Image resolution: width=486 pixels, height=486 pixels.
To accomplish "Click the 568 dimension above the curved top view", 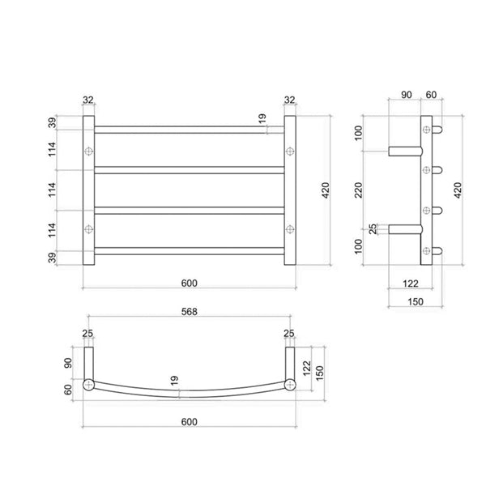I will click(189, 311).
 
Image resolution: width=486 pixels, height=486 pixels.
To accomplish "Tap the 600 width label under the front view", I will click(189, 283).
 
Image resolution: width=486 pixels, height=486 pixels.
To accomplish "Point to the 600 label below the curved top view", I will click(189, 420).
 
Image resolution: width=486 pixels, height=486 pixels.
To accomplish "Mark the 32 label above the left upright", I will click(89, 100).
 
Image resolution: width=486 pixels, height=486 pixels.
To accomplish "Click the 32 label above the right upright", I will click(290, 100).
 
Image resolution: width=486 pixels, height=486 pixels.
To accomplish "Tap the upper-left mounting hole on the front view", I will click(89, 151).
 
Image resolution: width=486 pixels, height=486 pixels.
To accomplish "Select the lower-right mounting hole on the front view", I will click(289, 228).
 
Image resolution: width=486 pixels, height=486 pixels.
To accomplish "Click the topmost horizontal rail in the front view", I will click(190, 128).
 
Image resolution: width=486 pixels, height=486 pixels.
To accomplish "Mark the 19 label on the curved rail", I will click(175, 380).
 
